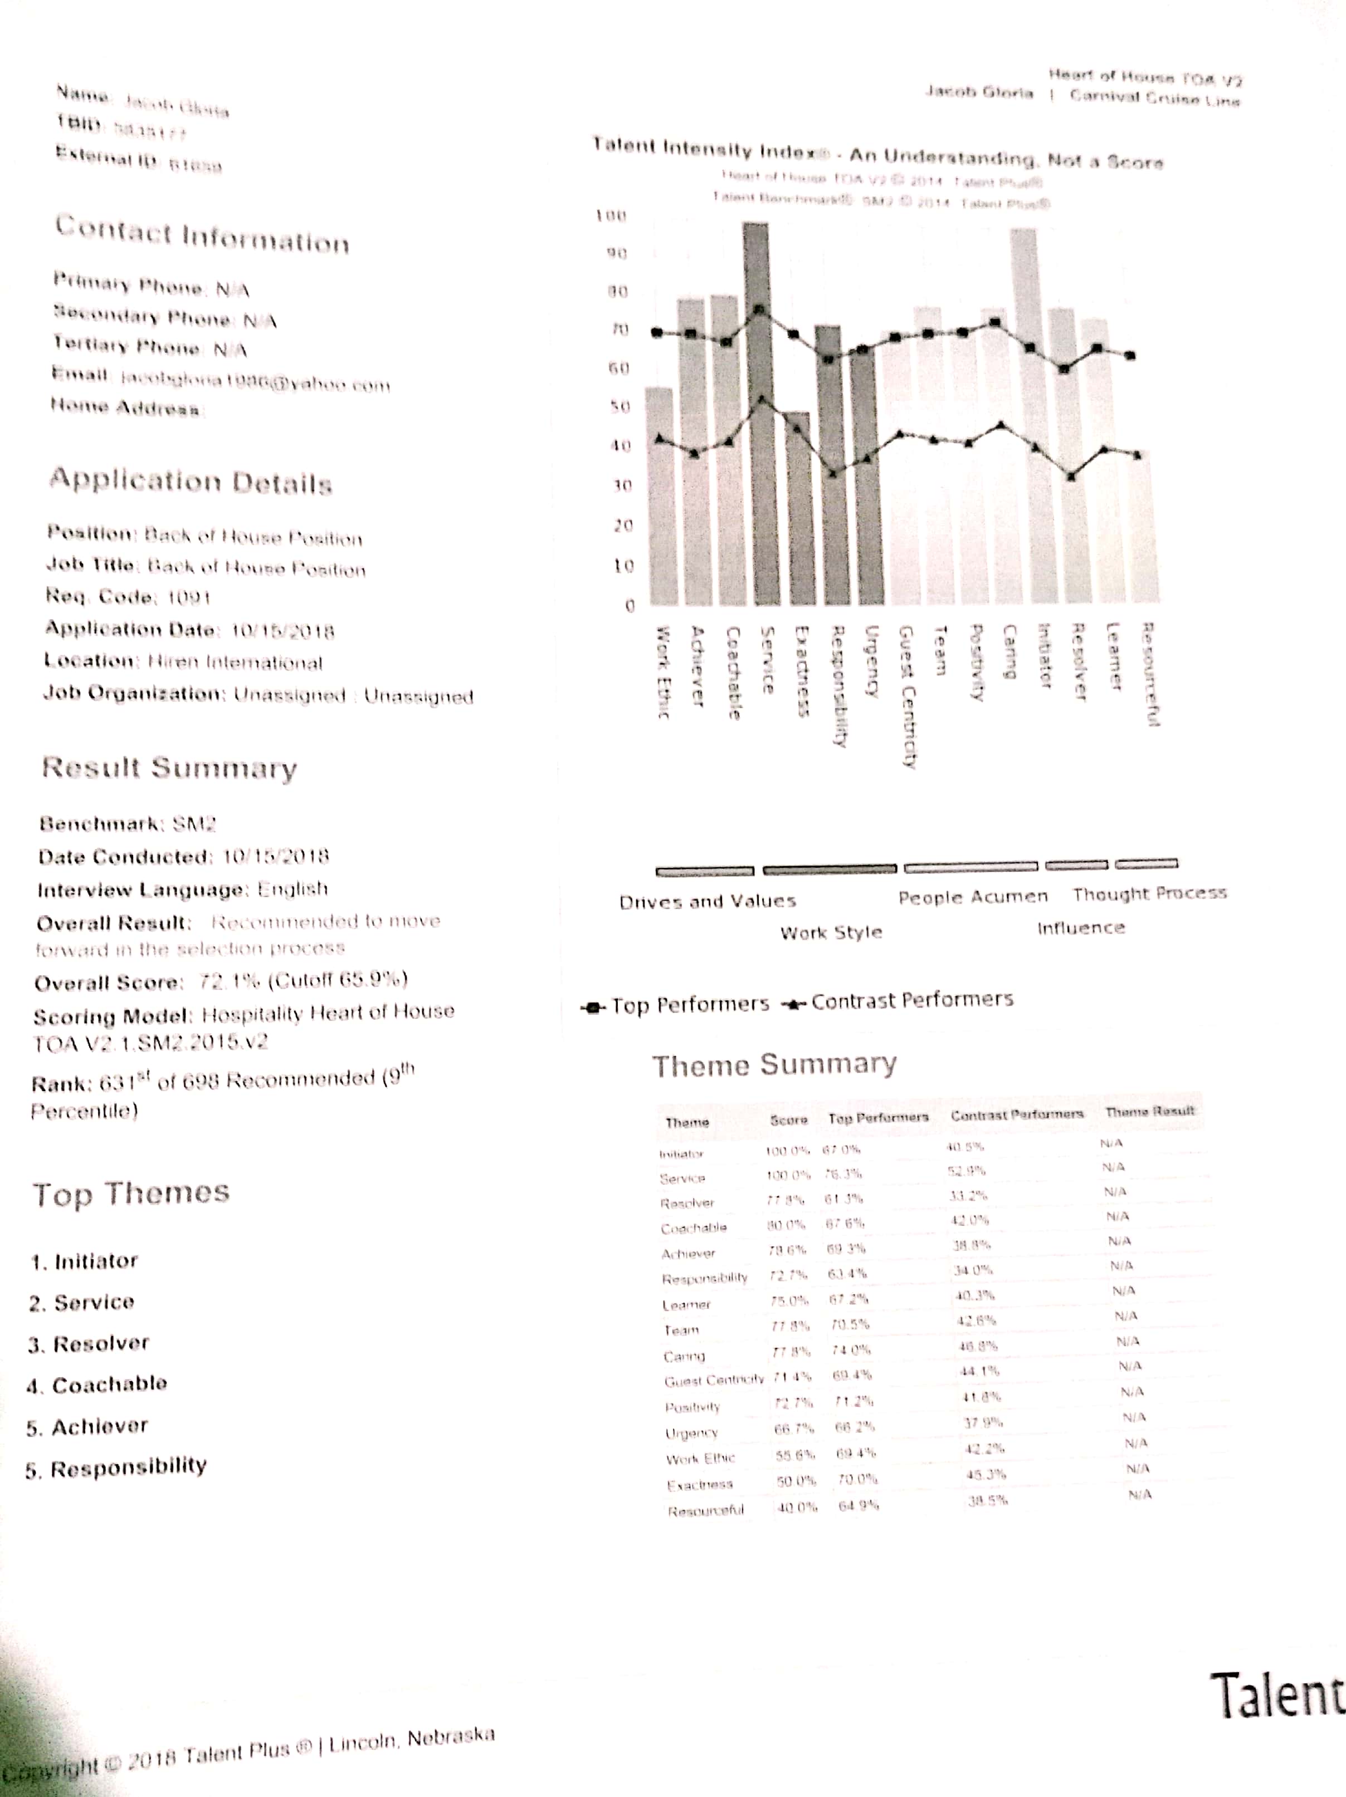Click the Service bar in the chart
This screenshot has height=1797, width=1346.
(x=756, y=414)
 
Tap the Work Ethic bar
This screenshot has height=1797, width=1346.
(x=659, y=495)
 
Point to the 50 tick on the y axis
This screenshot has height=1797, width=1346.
(x=620, y=406)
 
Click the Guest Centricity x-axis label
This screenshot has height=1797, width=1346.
(x=908, y=697)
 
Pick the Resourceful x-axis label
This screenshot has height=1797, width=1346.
(x=1150, y=674)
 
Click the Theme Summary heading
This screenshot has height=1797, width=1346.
(x=774, y=1065)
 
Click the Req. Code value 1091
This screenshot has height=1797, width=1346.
(x=188, y=598)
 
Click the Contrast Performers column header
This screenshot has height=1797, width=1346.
(x=1017, y=1114)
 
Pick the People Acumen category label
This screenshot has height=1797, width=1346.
(x=973, y=897)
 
